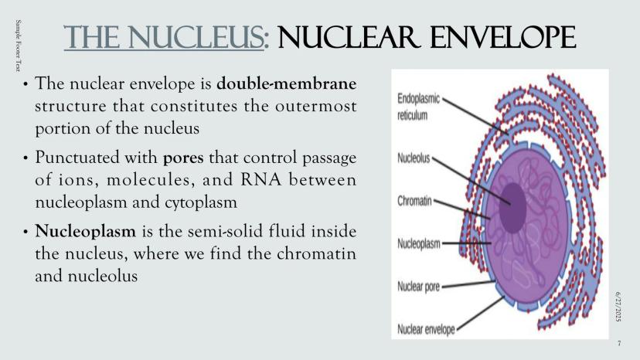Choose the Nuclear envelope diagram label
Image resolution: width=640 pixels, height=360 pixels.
pos(426,329)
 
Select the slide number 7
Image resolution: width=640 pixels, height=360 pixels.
pos(619,342)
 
